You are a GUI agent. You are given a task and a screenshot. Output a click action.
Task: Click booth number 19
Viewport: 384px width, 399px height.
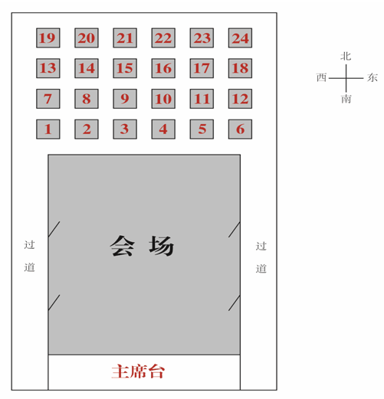(x=48, y=38)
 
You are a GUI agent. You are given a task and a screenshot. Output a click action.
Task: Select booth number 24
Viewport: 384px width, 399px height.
(x=240, y=38)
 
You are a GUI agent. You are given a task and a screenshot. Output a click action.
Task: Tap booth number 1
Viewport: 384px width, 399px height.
(x=48, y=129)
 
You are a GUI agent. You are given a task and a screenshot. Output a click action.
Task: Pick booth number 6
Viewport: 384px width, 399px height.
(x=240, y=129)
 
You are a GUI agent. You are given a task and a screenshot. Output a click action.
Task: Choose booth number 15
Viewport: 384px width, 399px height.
(x=125, y=68)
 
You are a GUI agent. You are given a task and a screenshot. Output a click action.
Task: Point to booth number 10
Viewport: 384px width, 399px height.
(x=163, y=99)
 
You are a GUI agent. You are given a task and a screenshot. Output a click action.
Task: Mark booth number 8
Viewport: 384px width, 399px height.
(x=87, y=99)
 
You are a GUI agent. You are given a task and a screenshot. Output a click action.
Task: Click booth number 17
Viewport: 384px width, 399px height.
(x=202, y=68)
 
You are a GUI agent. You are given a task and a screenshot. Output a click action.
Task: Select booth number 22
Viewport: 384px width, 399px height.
(x=163, y=38)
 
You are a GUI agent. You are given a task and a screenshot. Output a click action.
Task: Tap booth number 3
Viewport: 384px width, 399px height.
(x=125, y=129)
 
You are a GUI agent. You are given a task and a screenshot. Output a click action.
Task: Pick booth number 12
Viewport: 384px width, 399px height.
(x=240, y=99)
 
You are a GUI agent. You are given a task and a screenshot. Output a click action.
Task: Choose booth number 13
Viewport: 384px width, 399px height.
(x=48, y=68)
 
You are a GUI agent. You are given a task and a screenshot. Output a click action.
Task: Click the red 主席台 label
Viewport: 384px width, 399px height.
(x=138, y=371)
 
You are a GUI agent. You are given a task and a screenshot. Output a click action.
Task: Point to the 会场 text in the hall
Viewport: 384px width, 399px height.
(x=142, y=246)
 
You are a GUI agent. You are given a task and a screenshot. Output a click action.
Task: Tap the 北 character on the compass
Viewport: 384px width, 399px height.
(x=346, y=56)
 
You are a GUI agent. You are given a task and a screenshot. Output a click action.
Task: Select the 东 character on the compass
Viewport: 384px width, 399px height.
(x=373, y=77)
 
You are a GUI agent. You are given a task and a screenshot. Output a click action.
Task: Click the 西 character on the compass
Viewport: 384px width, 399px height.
(x=321, y=77)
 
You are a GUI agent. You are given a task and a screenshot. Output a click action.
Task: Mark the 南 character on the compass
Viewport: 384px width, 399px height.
(x=346, y=99)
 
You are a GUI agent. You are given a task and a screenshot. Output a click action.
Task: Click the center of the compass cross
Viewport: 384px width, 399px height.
(x=346, y=78)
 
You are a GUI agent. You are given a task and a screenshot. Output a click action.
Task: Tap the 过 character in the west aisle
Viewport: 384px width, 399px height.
(x=29, y=245)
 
